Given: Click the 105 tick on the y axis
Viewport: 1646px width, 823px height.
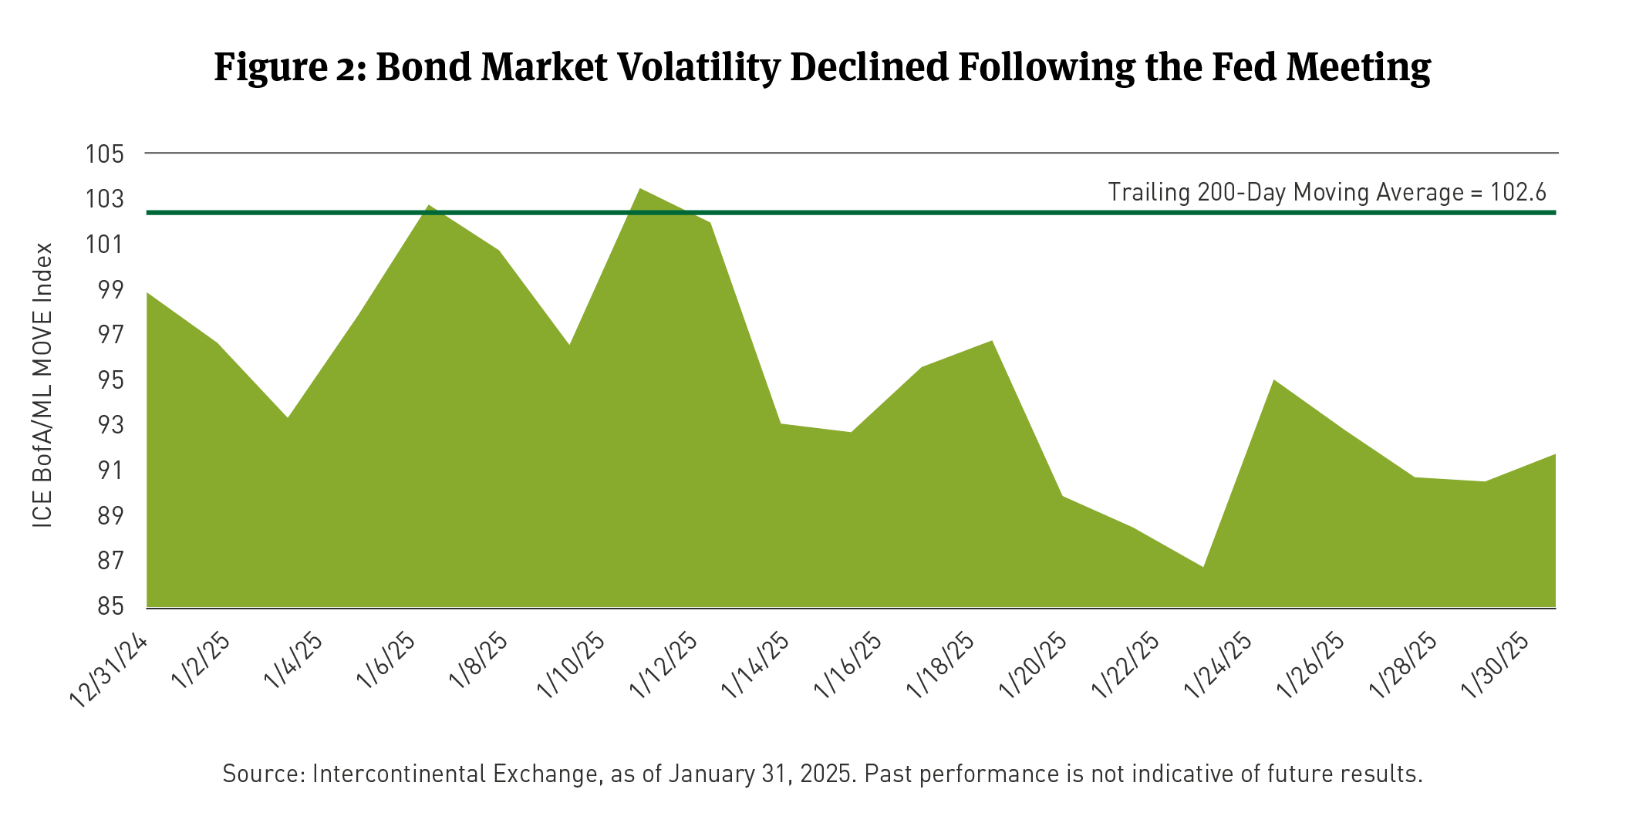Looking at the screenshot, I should pyautogui.click(x=105, y=154).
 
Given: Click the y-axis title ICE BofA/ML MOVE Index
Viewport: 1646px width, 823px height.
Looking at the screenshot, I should pyautogui.click(x=43, y=385).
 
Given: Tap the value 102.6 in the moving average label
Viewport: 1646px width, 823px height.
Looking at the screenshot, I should pyautogui.click(x=1519, y=191).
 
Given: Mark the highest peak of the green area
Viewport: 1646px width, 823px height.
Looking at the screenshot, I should pyautogui.click(x=640, y=189).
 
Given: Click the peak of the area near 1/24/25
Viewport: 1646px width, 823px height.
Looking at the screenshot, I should pyautogui.click(x=1273, y=380).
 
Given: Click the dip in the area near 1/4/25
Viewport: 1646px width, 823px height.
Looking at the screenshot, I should pyautogui.click(x=288, y=417).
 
